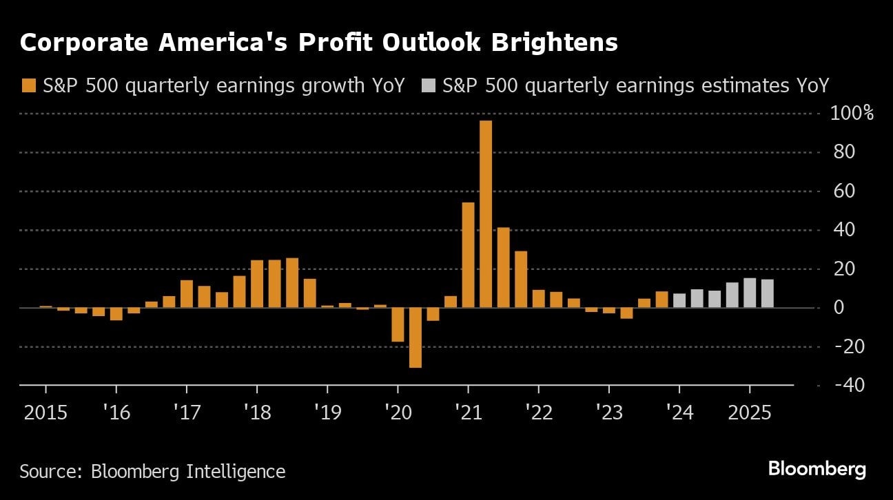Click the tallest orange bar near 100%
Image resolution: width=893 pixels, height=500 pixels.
point(486,213)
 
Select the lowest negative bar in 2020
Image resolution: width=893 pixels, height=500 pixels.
point(415,337)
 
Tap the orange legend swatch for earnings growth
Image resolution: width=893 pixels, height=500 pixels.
point(28,85)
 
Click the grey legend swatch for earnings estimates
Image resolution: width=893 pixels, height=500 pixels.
point(428,85)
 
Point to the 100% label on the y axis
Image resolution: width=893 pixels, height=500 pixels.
point(853,113)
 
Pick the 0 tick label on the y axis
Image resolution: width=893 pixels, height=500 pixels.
point(839,307)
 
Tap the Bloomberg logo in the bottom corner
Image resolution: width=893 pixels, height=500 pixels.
point(817,470)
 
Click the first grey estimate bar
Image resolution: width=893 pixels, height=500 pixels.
point(679,300)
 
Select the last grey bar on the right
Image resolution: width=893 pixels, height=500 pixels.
point(768,293)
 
